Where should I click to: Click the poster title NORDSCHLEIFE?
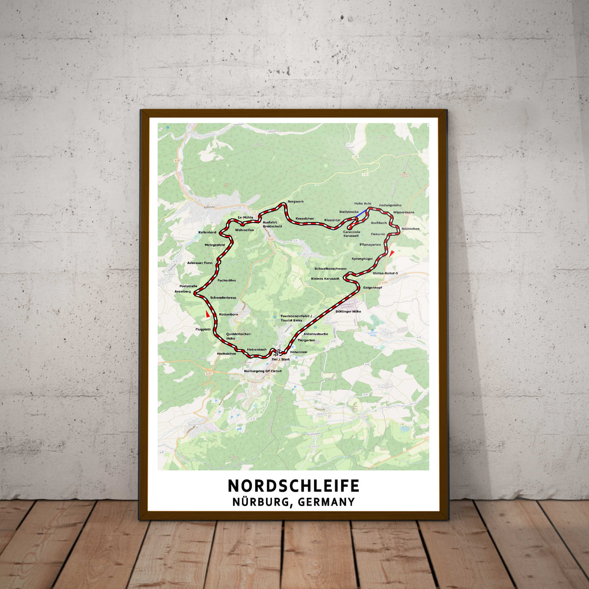(294, 485)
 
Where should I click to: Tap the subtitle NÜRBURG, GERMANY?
(294, 502)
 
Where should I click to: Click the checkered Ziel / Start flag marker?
(279, 352)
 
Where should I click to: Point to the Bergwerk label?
(296, 202)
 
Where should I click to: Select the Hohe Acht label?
(363, 203)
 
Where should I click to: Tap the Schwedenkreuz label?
(223, 298)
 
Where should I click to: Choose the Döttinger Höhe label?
(348, 311)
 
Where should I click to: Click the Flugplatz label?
(203, 329)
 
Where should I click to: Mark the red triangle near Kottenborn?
(208, 314)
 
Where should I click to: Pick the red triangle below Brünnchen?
(392, 253)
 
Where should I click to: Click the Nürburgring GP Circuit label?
(264, 371)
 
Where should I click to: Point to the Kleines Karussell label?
(325, 278)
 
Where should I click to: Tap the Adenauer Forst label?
(200, 263)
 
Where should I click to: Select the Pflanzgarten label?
(370, 244)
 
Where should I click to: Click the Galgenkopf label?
(373, 287)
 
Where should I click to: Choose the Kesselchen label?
(304, 218)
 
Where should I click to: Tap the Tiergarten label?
(306, 340)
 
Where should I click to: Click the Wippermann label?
(403, 212)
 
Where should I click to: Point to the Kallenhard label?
(207, 232)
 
